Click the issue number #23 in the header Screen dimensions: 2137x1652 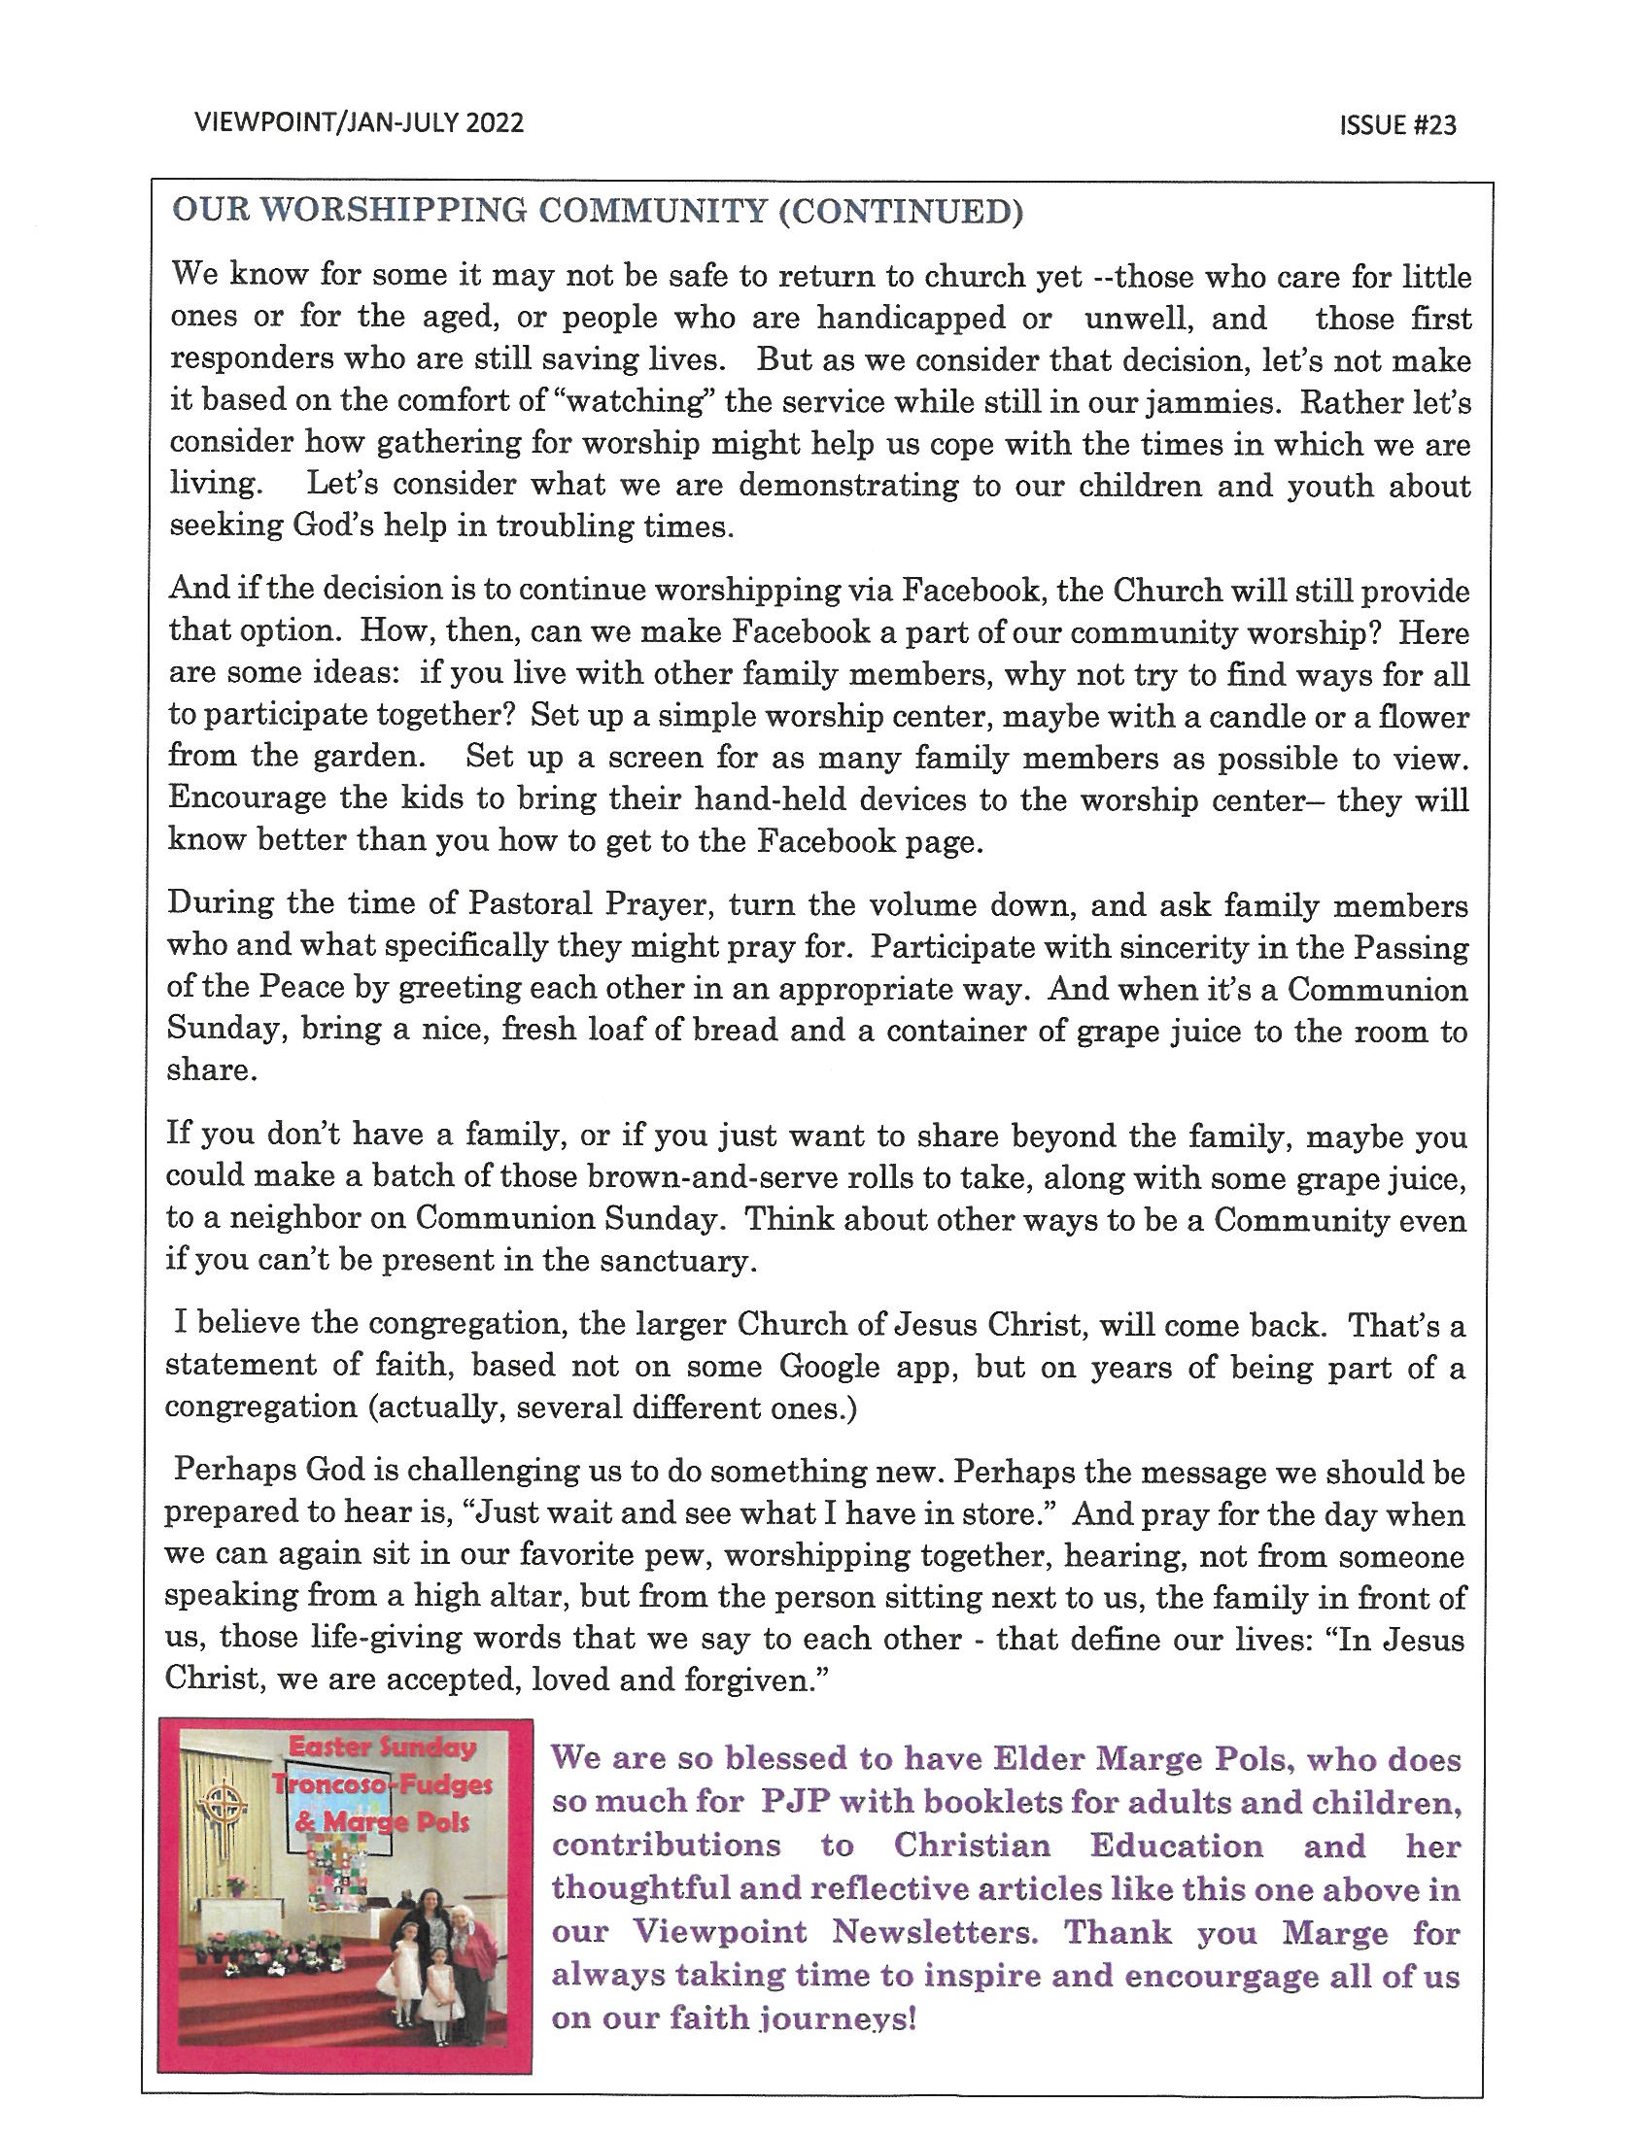(x=1432, y=126)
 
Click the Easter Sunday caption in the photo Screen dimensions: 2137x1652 (x=382, y=1748)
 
